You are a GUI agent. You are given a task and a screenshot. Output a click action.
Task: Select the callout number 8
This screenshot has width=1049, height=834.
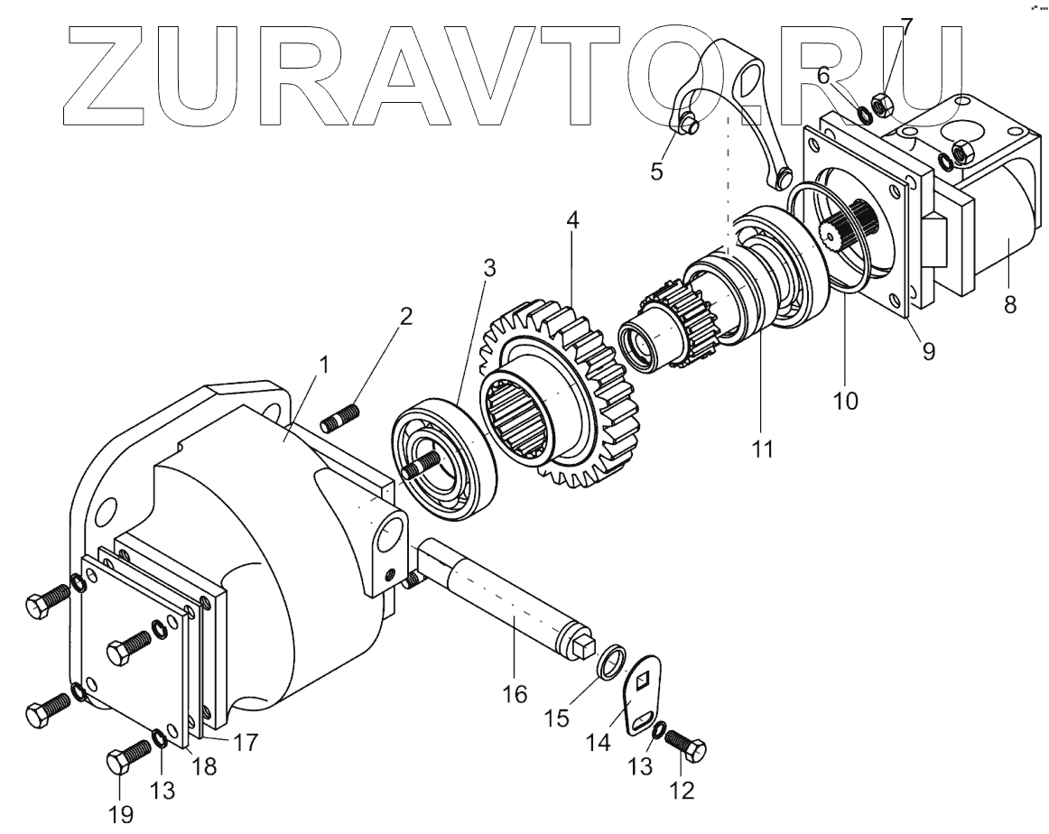1009,305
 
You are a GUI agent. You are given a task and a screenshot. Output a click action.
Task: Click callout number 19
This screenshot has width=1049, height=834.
120,814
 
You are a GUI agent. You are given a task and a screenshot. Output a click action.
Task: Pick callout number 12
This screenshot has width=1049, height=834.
682,791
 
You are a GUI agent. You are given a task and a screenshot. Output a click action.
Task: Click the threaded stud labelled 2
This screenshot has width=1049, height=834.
340,419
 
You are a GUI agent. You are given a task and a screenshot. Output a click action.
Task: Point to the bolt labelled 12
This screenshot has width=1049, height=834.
685,745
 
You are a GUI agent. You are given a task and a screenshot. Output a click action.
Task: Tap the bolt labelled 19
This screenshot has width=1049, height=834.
128,757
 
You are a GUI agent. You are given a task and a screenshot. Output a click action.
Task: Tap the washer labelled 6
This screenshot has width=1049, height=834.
864,114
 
